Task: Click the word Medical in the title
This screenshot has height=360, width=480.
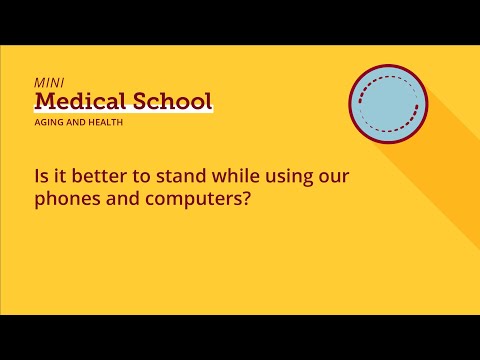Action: click(78, 101)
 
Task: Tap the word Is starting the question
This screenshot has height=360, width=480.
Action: click(39, 176)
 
